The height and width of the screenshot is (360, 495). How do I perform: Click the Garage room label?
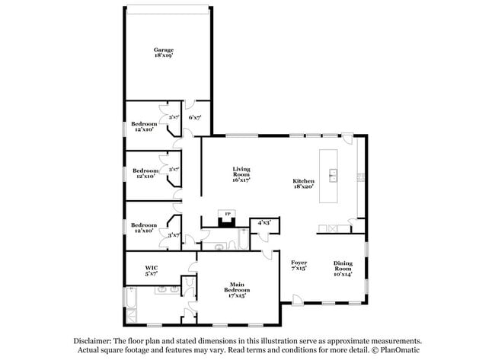(x=164, y=50)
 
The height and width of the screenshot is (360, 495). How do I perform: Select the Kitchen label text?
(x=303, y=180)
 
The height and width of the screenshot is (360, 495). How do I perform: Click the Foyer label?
(x=299, y=261)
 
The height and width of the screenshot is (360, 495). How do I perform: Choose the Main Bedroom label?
(x=235, y=285)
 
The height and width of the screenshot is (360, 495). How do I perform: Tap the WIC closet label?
(x=151, y=268)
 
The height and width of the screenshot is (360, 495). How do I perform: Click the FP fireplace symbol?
(x=224, y=215)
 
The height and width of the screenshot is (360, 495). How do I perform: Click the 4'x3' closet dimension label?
(x=264, y=222)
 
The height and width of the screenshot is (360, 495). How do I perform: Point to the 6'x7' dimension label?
(x=194, y=117)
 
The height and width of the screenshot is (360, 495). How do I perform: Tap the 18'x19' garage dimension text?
(x=164, y=56)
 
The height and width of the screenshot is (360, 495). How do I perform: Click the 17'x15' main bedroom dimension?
(x=235, y=295)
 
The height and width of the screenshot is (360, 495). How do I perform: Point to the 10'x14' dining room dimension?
(x=343, y=274)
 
